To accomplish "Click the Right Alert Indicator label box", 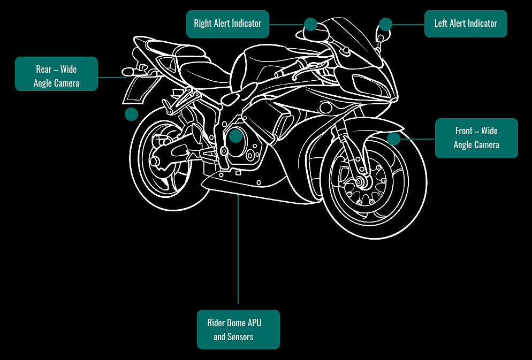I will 227,24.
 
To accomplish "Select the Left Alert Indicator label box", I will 466,24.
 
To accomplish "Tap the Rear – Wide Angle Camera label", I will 56,74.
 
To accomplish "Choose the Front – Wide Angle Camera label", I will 476,138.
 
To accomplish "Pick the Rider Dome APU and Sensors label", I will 238,330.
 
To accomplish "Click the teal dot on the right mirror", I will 310,24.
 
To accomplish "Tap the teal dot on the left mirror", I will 385,24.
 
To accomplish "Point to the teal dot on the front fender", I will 393,139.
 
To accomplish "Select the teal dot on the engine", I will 235,136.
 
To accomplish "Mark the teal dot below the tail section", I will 131,114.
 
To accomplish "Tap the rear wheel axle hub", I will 155,160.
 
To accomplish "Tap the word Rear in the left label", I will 44,70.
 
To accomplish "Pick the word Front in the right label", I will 464,131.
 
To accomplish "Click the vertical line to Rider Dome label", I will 238,251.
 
